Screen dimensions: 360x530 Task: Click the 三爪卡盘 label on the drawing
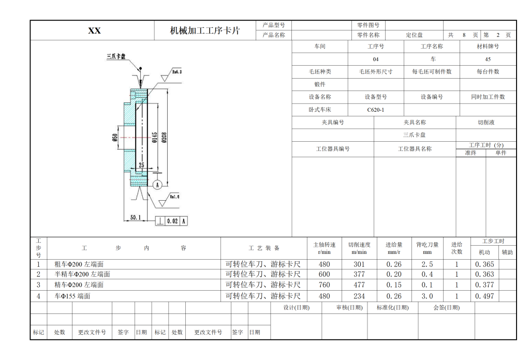click(116, 56)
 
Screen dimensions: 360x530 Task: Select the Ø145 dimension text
click(155, 137)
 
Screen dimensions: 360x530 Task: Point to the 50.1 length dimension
click(135, 218)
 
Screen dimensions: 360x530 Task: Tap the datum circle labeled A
click(158, 185)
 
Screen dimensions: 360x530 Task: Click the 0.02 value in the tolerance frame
click(172, 221)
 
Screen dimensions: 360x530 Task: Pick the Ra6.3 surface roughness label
click(176, 72)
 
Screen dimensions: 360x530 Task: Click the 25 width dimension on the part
click(141, 165)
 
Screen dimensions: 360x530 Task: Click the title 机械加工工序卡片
click(205, 31)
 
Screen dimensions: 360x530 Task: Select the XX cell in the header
click(94, 31)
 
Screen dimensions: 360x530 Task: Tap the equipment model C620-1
click(376, 110)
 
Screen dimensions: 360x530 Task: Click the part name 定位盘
click(414, 35)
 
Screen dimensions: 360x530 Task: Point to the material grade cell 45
click(488, 59)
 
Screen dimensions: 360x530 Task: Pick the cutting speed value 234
click(359, 296)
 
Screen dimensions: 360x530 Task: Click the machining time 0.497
click(484, 296)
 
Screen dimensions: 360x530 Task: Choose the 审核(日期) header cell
click(344, 308)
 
